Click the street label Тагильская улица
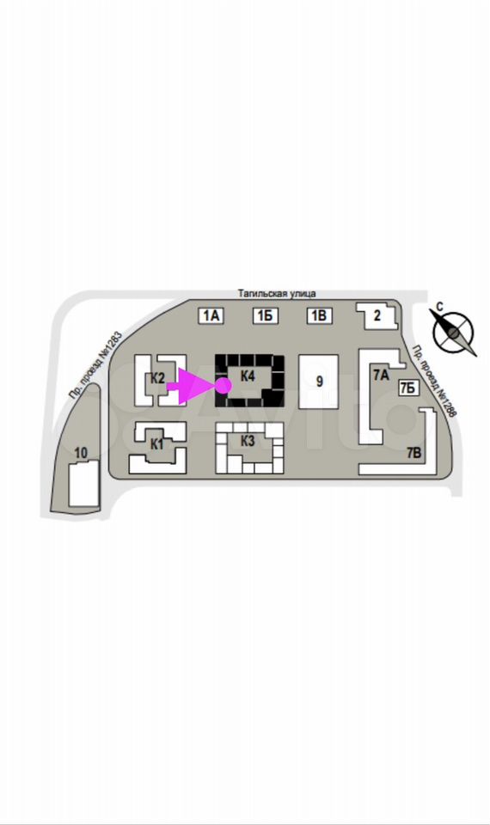tap(277, 294)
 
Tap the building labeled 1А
tap(211, 315)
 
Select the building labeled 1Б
tap(266, 315)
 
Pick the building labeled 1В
tap(320, 315)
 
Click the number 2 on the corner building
tap(377, 315)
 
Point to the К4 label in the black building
tap(248, 376)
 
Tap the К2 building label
tap(158, 378)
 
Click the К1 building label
tap(156, 444)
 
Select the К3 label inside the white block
tap(248, 441)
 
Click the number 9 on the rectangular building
tap(319, 382)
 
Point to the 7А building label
tap(381, 375)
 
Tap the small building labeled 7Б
tap(407, 388)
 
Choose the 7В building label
tap(414, 453)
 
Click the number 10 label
tap(81, 453)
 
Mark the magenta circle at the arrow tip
tap(224, 386)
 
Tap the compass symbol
tap(454, 332)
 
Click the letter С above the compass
tap(440, 307)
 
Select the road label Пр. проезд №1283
tap(95, 364)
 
